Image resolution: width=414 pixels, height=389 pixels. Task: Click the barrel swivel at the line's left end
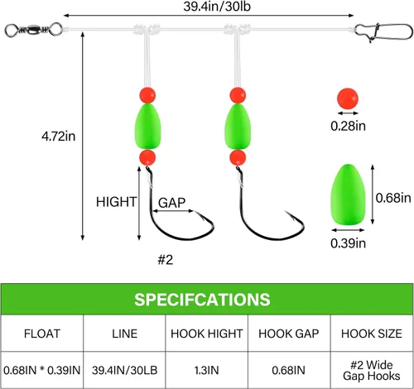point(33,30)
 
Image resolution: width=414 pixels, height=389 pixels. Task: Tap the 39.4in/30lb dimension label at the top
point(217,7)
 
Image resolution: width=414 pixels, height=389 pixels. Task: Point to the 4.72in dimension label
point(59,137)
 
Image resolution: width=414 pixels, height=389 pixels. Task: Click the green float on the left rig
point(147,127)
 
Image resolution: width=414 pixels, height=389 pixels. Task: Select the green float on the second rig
point(238,127)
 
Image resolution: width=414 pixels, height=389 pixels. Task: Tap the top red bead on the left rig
point(147,95)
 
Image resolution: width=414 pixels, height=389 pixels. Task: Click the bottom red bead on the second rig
point(238,157)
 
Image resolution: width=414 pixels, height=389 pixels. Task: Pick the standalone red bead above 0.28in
point(348,98)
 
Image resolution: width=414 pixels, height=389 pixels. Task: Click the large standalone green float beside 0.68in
point(348,194)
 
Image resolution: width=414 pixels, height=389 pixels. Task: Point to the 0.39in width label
point(348,243)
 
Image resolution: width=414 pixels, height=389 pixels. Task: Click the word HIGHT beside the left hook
point(116,202)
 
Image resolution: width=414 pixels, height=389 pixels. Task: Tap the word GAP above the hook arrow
point(171,203)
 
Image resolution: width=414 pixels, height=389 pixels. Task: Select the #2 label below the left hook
point(166,260)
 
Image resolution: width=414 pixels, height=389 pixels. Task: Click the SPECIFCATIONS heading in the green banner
point(202,300)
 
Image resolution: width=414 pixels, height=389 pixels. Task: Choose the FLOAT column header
point(42,334)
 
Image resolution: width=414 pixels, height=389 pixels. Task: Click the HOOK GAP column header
point(289,334)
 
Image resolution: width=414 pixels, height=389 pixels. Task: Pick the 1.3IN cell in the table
point(206,370)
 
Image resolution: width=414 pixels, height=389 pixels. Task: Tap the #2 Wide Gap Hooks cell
point(372,371)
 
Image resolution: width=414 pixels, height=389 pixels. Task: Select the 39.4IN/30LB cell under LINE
point(124,370)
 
